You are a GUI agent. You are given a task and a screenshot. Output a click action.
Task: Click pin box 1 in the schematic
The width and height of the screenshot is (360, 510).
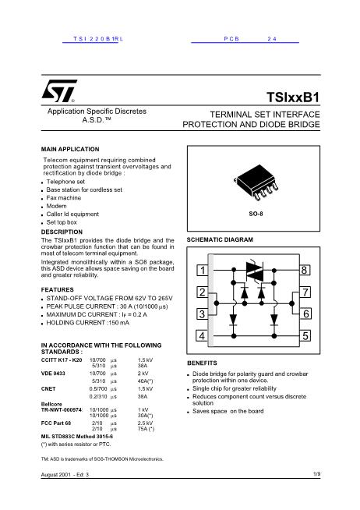click(x=202, y=271)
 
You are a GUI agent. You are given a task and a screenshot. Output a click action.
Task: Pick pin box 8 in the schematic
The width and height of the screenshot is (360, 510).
click(x=305, y=271)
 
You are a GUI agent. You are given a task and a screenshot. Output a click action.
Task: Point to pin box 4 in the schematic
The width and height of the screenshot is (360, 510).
click(x=202, y=335)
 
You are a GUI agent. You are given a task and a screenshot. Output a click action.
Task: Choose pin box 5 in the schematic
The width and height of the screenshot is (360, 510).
click(x=305, y=335)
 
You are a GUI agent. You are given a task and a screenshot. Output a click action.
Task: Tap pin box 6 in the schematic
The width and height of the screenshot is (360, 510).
click(x=305, y=313)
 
